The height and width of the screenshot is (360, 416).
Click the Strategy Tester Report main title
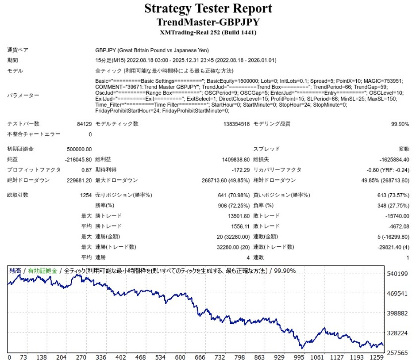tap(208, 8)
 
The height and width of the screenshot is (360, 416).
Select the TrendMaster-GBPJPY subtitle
tap(208, 22)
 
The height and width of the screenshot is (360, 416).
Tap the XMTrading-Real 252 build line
tap(208, 32)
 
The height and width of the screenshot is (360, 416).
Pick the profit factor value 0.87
tap(87, 170)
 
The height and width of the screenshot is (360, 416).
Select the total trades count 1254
tap(85, 195)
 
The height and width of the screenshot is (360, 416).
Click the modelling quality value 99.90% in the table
tap(400, 124)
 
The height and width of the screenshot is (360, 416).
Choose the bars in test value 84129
tap(84, 124)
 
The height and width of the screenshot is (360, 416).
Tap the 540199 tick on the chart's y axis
tap(397, 274)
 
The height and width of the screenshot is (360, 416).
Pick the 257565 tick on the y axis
tap(397, 352)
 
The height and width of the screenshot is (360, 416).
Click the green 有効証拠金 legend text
tap(42, 271)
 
